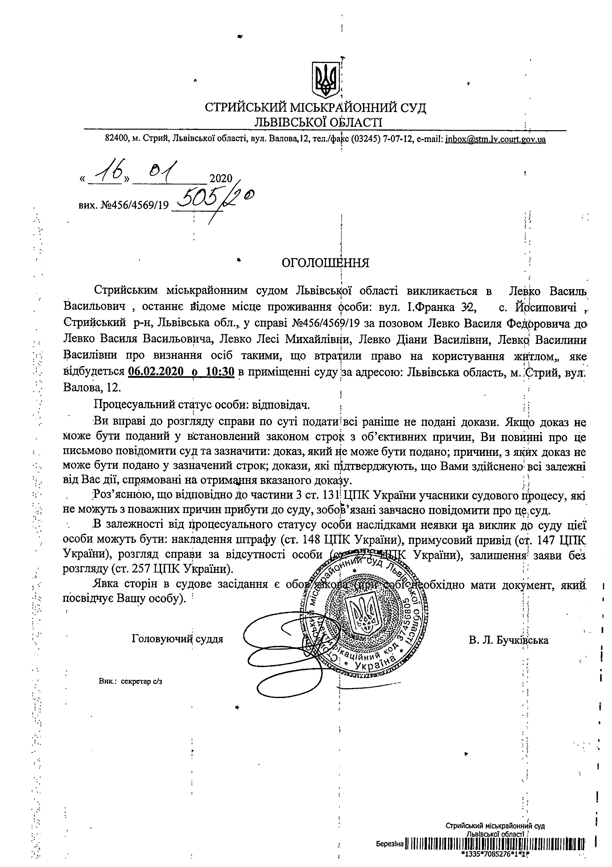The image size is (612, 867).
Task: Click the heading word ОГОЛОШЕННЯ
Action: coord(325,263)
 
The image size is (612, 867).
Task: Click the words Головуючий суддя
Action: coord(177,639)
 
